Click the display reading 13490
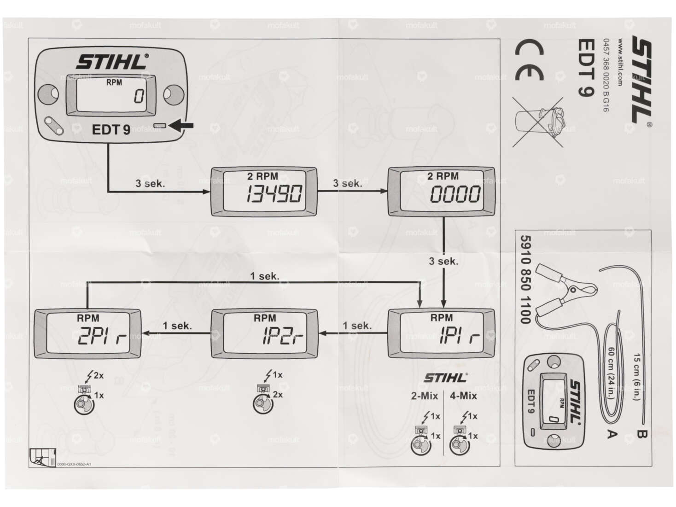pos(264,192)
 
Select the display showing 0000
pos(441,192)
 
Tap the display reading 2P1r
pos(87,334)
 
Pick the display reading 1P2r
pos(264,334)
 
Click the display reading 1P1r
pos(441,334)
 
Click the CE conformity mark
pos(529,60)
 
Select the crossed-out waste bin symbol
pos(538,122)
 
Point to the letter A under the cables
pos(612,433)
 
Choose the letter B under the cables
pos(641,433)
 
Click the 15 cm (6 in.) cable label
pos(637,377)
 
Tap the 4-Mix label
pos(463,396)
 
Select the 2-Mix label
pos(424,396)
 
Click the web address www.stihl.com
pos(620,62)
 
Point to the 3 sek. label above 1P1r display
pos(443,262)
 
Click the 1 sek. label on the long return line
pos(264,276)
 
